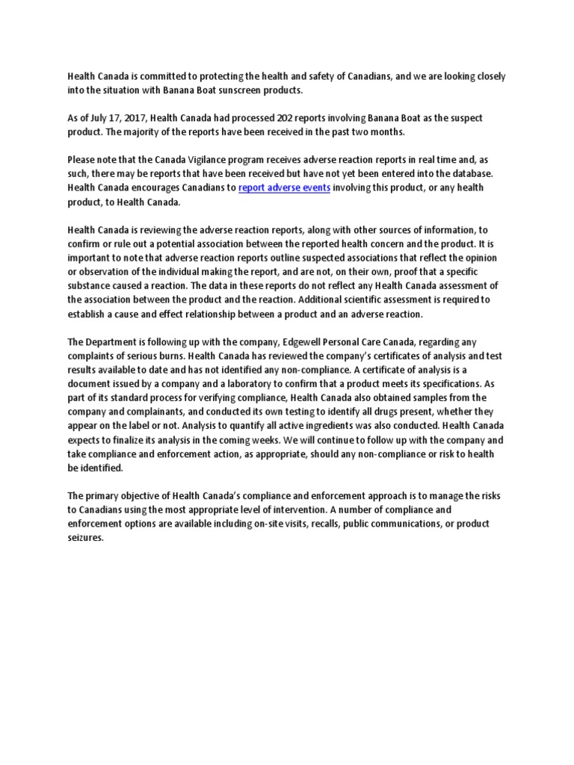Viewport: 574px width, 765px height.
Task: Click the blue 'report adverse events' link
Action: pos(284,188)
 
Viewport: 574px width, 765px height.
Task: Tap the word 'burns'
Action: pos(171,356)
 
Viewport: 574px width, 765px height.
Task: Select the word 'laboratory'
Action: pos(216,383)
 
